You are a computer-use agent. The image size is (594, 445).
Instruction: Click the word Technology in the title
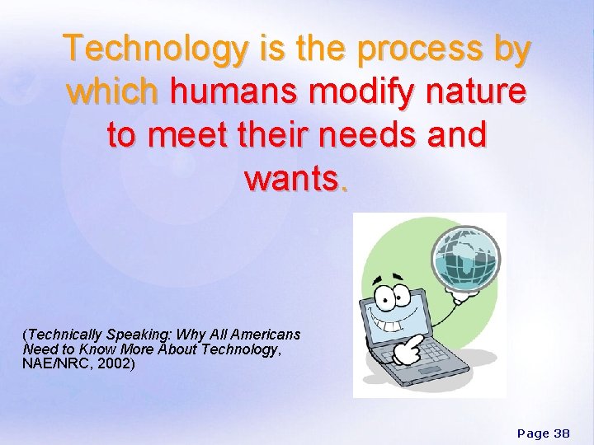coord(156,49)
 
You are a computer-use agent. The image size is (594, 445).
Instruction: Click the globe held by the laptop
coord(467,255)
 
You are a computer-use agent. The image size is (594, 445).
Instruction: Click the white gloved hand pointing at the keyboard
coord(405,351)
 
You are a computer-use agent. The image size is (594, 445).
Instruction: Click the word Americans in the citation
coord(265,335)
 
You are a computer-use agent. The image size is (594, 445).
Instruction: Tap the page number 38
coord(561,433)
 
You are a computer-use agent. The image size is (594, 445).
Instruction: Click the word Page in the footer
coord(532,433)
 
